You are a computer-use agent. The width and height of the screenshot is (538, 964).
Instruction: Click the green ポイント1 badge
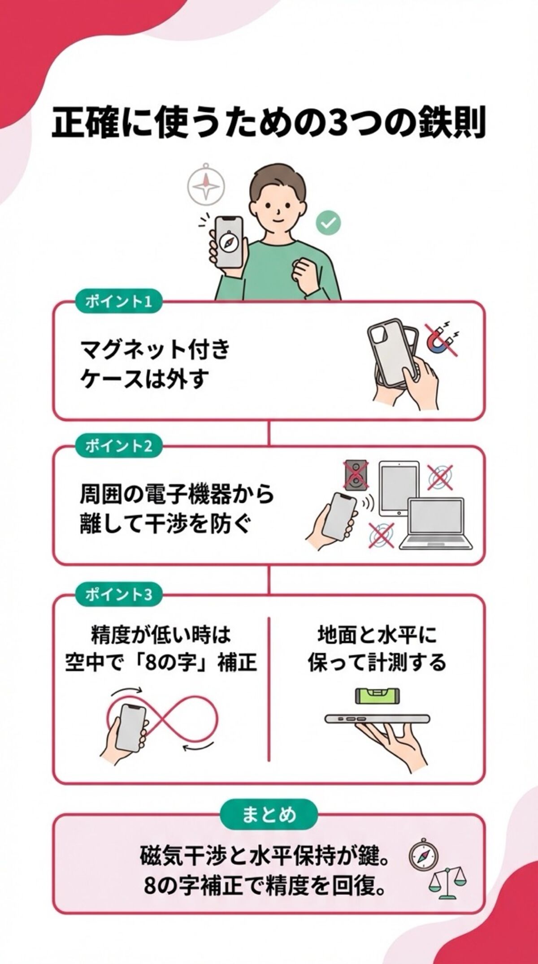[118, 302]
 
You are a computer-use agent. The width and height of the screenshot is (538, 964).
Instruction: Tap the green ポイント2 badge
[118, 446]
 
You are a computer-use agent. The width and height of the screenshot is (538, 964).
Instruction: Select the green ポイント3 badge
[118, 595]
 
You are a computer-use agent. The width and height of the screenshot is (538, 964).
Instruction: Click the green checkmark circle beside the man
[328, 223]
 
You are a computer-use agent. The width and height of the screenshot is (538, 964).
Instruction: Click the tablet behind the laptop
[398, 488]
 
